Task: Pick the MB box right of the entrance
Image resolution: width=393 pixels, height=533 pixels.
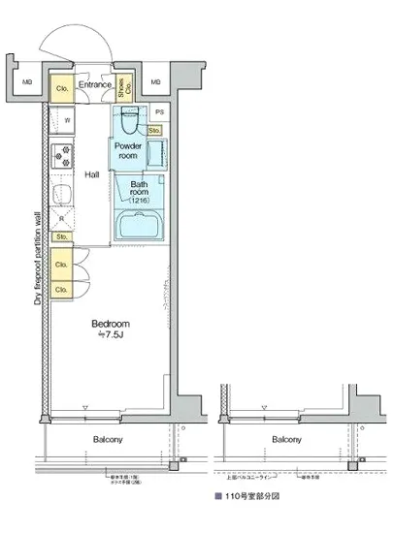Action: (x=155, y=82)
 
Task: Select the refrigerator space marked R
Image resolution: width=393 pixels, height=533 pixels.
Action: (x=60, y=219)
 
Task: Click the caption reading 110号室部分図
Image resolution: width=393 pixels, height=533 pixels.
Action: (x=254, y=495)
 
